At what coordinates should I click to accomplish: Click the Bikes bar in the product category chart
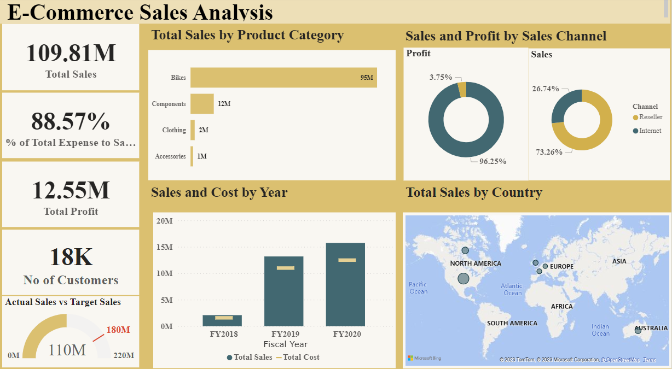click(283, 78)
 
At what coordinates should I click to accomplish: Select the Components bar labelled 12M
click(202, 104)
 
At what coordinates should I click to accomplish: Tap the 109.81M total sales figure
click(71, 53)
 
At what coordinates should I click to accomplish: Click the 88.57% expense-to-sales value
click(71, 121)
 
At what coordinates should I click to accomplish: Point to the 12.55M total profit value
click(71, 190)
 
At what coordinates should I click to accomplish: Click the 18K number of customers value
click(71, 257)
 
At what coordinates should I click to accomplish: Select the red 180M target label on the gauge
click(118, 330)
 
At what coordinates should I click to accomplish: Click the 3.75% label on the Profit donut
click(441, 78)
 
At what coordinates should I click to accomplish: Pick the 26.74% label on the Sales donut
click(546, 89)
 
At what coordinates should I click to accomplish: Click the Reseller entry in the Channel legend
click(650, 117)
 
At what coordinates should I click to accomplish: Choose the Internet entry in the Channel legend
click(650, 131)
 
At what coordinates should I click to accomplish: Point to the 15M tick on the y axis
click(165, 247)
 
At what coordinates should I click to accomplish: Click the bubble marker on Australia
click(638, 331)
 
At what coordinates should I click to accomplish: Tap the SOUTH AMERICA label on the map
click(512, 323)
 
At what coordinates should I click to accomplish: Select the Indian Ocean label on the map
click(600, 330)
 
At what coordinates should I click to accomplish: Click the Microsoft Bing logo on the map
click(425, 359)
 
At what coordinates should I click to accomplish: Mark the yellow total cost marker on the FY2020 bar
click(347, 260)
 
